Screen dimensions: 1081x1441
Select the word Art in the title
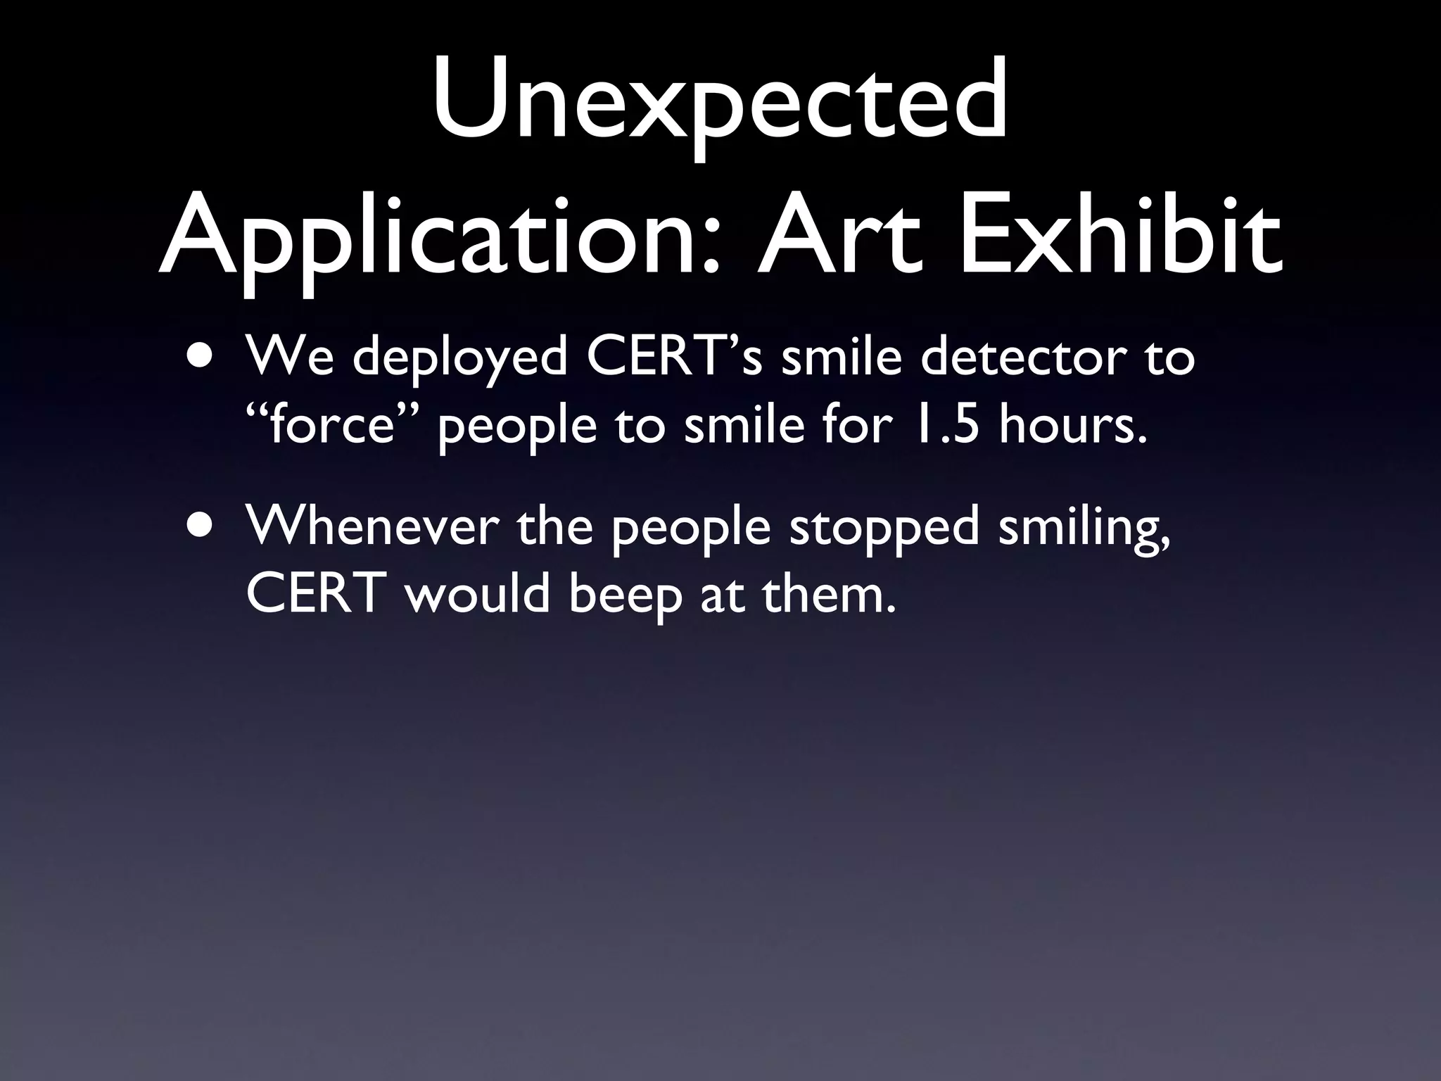(839, 232)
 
